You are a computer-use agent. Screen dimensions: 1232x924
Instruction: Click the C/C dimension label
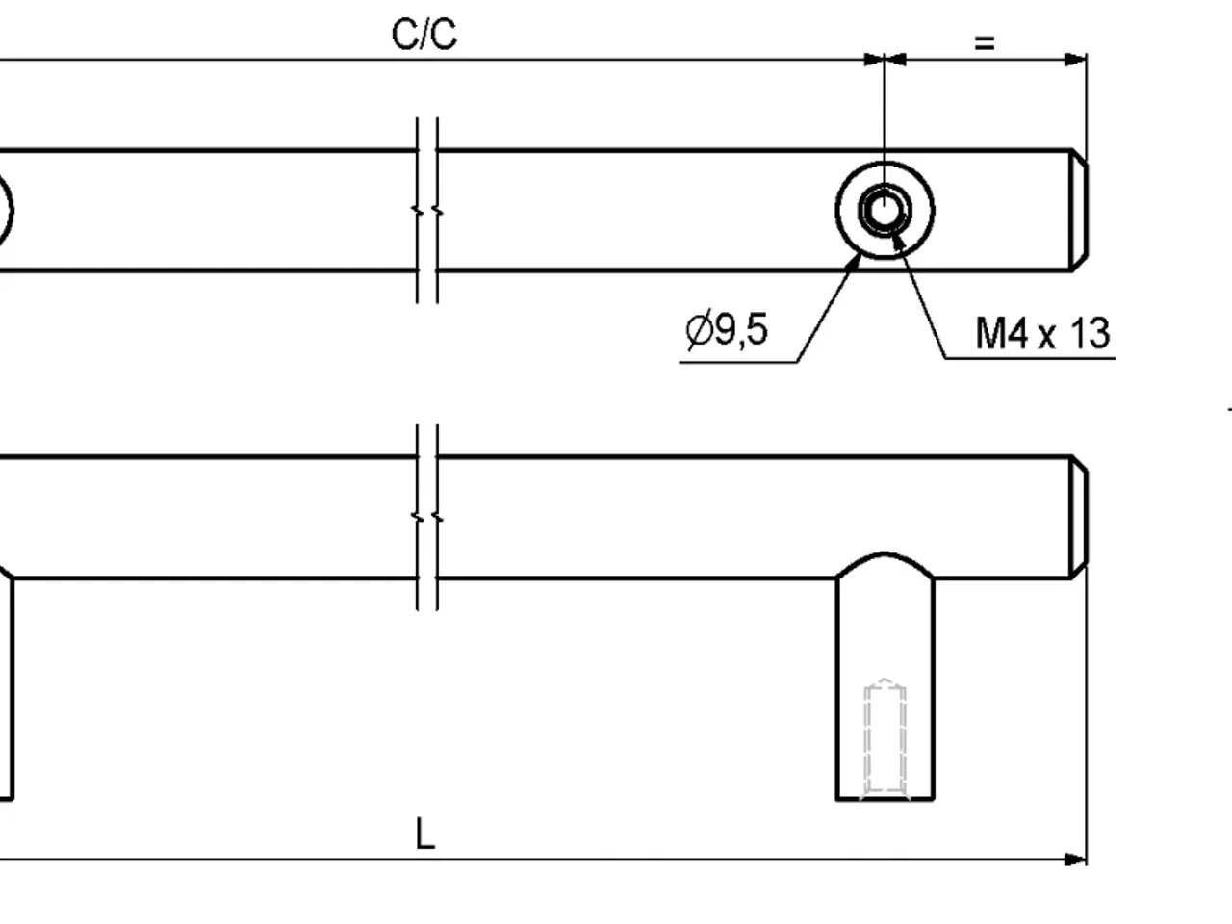tap(424, 35)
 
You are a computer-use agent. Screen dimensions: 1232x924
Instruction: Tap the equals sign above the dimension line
tap(985, 43)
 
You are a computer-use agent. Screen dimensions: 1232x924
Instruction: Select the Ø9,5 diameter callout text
tap(727, 329)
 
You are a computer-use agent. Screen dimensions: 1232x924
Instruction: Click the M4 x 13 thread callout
tap(1042, 333)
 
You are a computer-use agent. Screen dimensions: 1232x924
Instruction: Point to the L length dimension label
tap(424, 834)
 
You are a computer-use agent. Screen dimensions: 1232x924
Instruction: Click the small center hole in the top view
tap(885, 211)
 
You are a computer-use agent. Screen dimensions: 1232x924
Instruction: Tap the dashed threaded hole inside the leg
tap(885, 738)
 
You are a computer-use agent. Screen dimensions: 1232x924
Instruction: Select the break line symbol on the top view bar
tap(427, 211)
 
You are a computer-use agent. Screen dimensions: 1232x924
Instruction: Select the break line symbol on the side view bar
tap(427, 517)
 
